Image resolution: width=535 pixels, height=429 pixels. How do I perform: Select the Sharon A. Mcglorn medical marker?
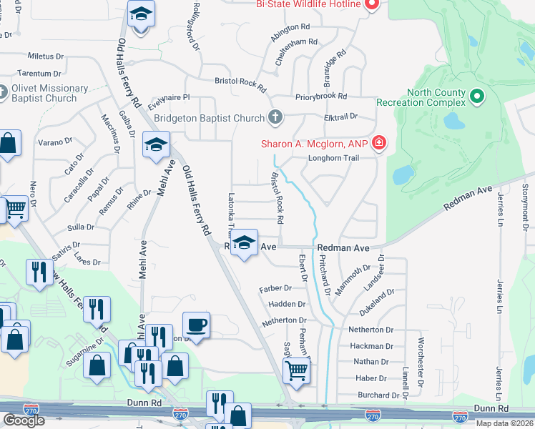point(378,144)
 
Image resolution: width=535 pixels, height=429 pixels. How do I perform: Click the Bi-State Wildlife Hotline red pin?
point(370,4)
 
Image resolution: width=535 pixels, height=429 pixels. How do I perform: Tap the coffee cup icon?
point(196,326)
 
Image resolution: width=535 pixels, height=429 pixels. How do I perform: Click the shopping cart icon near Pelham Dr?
point(296,370)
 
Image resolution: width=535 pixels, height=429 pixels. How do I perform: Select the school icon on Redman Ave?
point(244,243)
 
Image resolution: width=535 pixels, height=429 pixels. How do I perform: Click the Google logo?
point(24,420)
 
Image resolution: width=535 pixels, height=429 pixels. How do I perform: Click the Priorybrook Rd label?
point(320,96)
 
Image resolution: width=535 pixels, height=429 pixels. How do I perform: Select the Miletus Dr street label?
point(50,56)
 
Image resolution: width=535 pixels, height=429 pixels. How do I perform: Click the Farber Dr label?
point(275,288)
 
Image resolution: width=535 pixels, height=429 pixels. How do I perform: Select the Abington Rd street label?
point(290,26)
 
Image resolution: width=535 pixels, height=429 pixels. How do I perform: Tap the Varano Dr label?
point(55,142)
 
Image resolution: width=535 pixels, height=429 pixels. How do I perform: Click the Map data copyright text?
point(504,423)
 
